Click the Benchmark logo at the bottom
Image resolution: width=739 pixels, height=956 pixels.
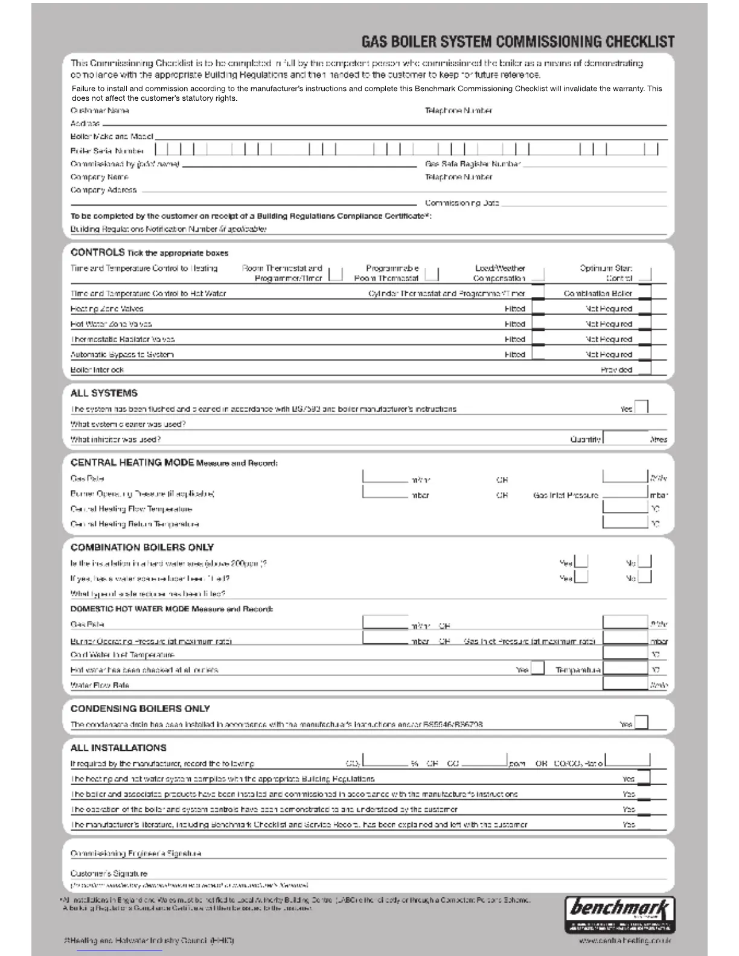pos(619,914)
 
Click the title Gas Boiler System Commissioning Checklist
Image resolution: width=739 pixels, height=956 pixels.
pos(517,42)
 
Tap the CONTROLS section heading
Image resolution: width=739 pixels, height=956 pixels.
pos(97,252)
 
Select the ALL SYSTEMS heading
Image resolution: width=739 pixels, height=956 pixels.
pos(104,393)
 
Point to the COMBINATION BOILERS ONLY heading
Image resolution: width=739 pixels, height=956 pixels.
pos(142,547)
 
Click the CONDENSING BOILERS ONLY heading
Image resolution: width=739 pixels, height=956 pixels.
pos(140,709)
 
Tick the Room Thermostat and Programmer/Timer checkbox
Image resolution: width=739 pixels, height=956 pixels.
pos(336,275)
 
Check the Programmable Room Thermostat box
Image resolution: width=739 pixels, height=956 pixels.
pos(432,275)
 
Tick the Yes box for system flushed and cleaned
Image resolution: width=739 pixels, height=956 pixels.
pos(641,406)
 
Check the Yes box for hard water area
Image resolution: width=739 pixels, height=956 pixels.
pos(581,562)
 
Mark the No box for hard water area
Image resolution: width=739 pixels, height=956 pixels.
pos(645,562)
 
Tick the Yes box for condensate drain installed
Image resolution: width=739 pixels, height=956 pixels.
pos(641,722)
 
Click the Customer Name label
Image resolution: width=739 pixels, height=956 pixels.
pos(100,110)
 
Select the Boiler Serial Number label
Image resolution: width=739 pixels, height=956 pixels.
pos(107,151)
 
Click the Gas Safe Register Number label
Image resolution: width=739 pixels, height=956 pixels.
pos(473,164)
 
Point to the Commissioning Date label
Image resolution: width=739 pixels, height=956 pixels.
pos(462,203)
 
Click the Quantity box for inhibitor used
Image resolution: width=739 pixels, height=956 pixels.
pos(625,438)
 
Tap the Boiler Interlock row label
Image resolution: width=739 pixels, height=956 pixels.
pos(97,369)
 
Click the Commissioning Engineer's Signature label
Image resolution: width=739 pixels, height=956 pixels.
pos(136,853)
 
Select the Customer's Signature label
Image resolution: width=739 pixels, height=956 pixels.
pos(109,873)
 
